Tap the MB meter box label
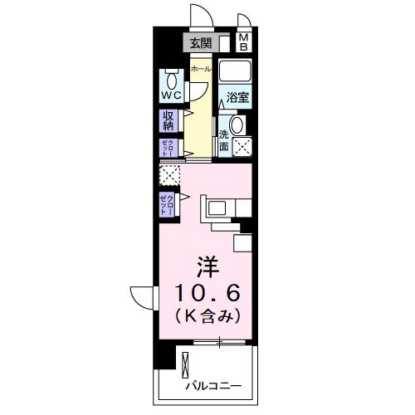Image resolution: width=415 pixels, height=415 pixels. [245, 42]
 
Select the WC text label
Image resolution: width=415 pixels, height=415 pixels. [170, 95]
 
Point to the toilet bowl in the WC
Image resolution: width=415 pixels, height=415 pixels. [170, 80]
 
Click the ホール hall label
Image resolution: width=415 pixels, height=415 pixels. [200, 70]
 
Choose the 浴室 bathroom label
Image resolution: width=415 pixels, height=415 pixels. [238, 98]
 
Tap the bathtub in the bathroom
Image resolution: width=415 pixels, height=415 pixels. [237, 74]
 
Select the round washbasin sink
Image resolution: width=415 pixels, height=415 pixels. [237, 125]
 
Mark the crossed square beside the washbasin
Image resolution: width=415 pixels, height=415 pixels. [242, 148]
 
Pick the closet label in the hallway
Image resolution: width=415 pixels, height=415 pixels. [168, 148]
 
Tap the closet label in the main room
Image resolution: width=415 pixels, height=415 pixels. [168, 203]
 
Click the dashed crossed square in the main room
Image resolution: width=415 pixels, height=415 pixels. [169, 176]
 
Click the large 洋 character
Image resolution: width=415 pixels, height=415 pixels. [207, 268]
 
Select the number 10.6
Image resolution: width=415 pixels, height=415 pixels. [208, 292]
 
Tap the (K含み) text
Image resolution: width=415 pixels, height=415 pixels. [207, 315]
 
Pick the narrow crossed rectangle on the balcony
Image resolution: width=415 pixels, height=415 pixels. [186, 366]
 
